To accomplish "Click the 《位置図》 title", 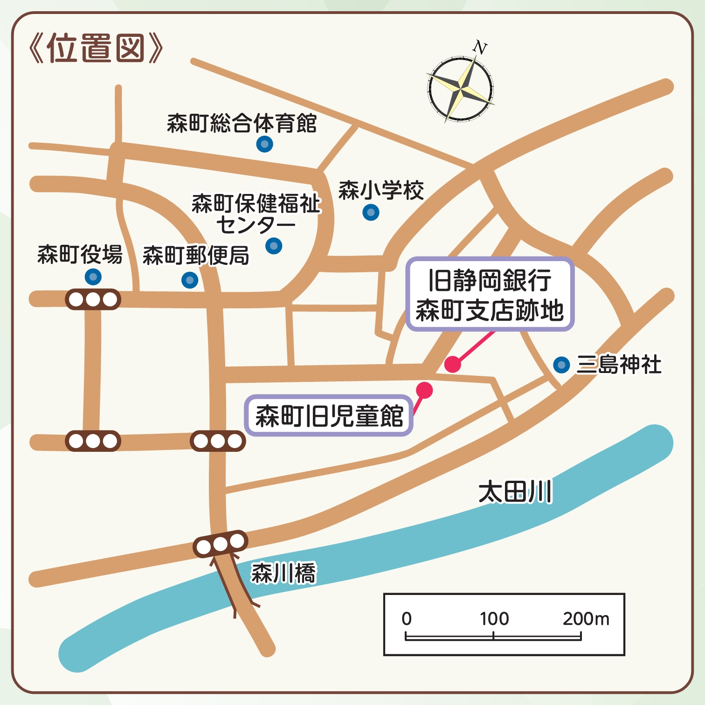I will [x=96, y=48].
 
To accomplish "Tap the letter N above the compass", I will [x=480, y=47].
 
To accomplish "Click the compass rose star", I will [x=461, y=88].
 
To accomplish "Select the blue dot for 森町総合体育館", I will [x=264, y=144].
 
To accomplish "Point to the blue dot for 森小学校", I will [x=371, y=213].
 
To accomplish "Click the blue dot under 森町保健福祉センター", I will [x=274, y=245].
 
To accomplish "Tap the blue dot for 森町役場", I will [x=93, y=277].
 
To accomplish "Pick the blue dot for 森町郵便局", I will [x=190, y=280].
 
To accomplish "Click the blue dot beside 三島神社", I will [x=562, y=365].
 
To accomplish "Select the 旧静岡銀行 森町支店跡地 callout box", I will [x=490, y=294].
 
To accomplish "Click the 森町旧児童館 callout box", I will [x=329, y=415].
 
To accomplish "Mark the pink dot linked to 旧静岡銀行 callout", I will [x=452, y=364].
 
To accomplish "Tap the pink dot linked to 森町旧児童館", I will [x=424, y=390].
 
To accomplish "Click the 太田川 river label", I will [x=515, y=492].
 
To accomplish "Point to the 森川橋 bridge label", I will [x=283, y=573].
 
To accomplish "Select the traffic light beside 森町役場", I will [x=93, y=299].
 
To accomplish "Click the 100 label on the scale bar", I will [x=494, y=619].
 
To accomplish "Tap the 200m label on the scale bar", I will [x=586, y=619].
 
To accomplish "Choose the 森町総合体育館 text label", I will [x=242, y=124].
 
